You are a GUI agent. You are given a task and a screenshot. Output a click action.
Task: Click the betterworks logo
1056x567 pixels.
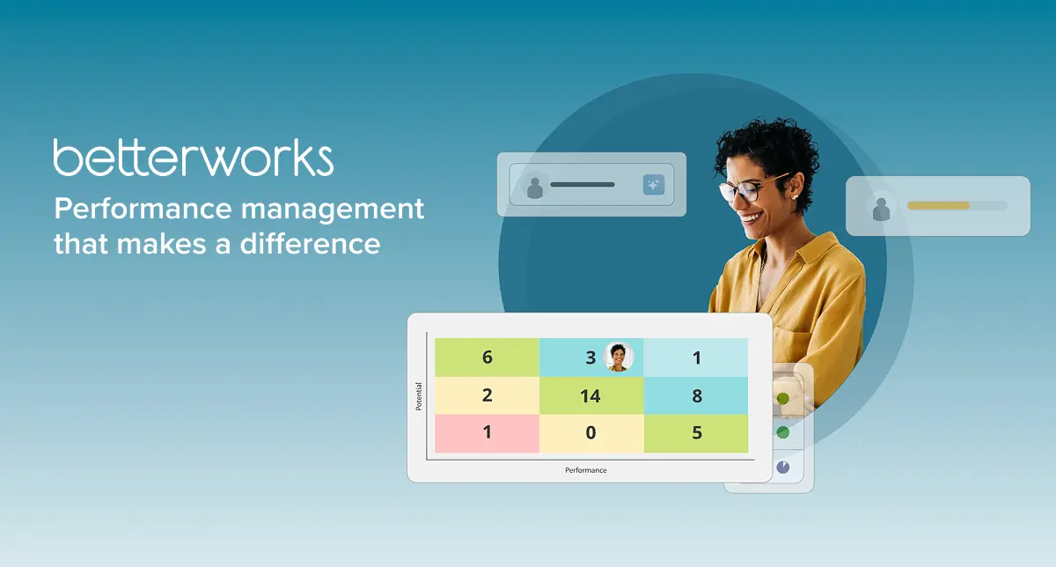coord(193,158)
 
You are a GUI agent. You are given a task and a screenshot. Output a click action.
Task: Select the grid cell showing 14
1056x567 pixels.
coord(590,396)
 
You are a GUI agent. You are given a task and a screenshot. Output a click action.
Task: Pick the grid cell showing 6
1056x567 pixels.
coord(487,357)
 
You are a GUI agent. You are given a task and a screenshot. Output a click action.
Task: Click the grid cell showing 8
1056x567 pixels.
coord(696,396)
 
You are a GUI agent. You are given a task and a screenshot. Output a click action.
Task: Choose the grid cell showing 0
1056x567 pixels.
coord(590,433)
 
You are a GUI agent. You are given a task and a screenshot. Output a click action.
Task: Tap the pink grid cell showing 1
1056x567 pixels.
coord(487,433)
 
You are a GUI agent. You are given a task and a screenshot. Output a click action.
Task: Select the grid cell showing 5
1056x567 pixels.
coord(696,433)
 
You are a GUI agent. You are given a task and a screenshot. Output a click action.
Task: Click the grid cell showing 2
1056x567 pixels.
coord(487,396)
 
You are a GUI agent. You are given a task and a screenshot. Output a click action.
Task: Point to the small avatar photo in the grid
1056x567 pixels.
coord(620,357)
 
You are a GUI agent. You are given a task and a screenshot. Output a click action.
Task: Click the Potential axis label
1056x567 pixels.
coord(419,396)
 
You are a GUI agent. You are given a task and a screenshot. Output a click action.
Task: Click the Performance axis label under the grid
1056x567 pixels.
coord(586,470)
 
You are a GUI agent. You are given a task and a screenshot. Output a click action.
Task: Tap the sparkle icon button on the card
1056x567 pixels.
coord(654,185)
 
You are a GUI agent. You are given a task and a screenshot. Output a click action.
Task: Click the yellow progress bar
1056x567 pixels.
coord(938,205)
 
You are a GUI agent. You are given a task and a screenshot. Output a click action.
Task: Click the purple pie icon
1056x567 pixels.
coord(783,467)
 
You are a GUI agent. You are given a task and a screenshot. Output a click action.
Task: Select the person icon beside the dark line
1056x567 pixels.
coord(534,186)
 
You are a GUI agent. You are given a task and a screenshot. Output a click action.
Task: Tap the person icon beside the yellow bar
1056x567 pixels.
coord(881,207)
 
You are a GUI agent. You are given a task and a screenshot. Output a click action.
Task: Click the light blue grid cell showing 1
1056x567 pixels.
coord(696,357)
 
